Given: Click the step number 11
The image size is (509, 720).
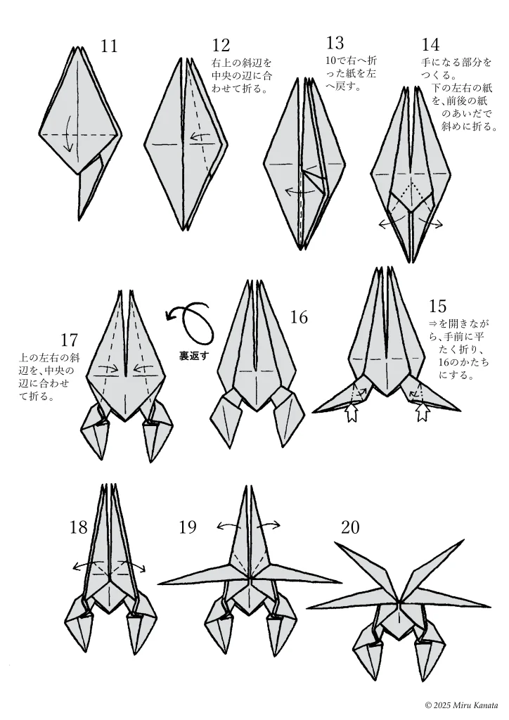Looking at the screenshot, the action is [109, 46].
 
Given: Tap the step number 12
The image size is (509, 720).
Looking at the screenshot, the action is [221, 46].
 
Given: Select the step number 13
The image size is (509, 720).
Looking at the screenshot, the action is [335, 43].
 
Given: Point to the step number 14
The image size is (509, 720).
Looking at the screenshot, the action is [430, 44].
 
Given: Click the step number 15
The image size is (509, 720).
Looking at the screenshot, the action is [438, 305].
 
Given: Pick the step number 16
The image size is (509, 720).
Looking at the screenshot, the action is [299, 317].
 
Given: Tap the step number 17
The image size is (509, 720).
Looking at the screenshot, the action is [69, 340].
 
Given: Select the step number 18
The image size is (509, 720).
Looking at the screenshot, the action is [79, 527].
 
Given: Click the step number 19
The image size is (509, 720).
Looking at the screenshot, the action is [188, 527].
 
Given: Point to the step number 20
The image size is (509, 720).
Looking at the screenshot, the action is [350, 527].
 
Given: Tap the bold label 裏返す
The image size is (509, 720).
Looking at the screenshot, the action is [193, 355].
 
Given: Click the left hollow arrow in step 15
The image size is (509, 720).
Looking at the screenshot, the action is [352, 412].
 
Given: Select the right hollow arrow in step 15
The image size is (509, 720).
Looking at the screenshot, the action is [422, 411].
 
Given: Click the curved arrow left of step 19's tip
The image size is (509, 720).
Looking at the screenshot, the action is [229, 526].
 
